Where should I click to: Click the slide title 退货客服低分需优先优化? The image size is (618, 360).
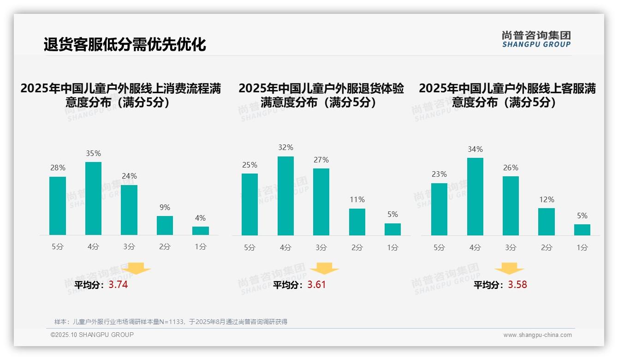(x=125, y=45)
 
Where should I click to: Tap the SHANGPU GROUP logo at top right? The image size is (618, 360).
(x=536, y=39)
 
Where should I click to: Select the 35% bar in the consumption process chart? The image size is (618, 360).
(x=93, y=198)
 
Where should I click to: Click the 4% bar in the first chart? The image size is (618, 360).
(x=200, y=231)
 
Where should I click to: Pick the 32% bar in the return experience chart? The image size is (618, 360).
(x=285, y=196)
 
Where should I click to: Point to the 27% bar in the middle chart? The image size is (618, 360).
(x=321, y=202)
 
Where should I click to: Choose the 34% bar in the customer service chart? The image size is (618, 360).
(x=475, y=197)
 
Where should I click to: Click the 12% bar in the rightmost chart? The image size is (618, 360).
(x=547, y=222)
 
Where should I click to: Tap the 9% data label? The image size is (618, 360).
(x=165, y=208)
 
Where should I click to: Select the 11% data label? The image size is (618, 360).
(x=357, y=200)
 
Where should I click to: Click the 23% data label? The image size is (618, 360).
(x=439, y=174)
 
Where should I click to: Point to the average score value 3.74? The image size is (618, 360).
(x=118, y=285)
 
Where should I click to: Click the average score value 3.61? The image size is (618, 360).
(x=316, y=285)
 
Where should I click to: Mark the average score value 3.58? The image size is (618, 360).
(x=517, y=285)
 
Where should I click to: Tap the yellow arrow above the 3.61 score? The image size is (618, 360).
(x=324, y=269)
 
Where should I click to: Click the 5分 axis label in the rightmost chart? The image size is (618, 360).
(x=439, y=248)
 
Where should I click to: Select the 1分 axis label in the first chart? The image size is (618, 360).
(x=200, y=247)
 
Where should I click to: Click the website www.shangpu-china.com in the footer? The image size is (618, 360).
(x=537, y=335)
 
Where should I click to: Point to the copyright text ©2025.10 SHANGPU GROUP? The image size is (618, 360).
(x=92, y=335)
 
